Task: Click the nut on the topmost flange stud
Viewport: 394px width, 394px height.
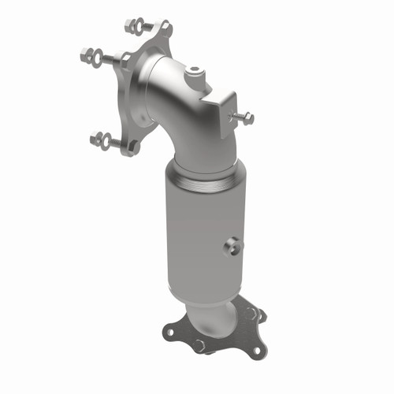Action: tap(130, 24)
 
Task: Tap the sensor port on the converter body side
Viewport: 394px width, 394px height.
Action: tap(231, 247)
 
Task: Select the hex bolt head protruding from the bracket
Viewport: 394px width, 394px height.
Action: tap(247, 118)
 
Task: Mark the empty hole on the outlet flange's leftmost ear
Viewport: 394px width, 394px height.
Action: tap(168, 333)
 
